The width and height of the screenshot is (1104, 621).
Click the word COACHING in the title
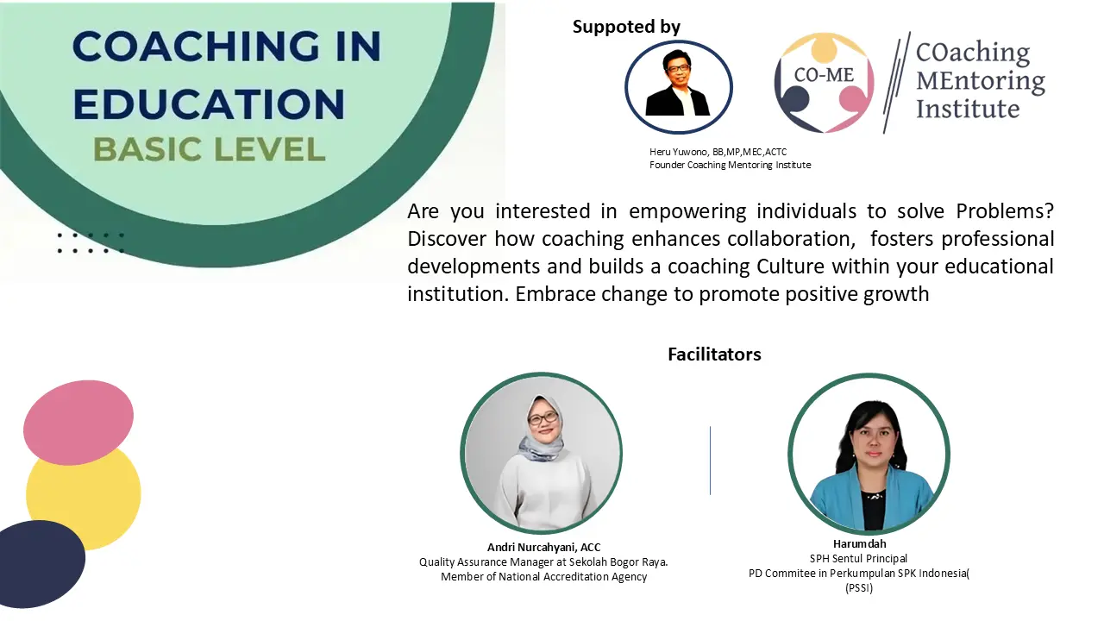click(196, 47)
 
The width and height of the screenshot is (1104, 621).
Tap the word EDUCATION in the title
click(209, 104)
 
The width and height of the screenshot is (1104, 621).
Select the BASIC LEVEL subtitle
click(210, 149)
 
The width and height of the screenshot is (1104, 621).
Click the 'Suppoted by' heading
click(626, 27)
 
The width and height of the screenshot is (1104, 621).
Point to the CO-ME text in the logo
click(824, 75)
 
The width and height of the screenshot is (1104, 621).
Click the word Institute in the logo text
click(968, 109)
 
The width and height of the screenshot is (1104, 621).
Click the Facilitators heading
click(714, 354)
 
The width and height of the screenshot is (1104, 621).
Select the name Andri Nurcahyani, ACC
click(543, 547)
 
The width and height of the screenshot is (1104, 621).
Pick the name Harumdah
click(860, 543)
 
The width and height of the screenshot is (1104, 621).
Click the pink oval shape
click(78, 423)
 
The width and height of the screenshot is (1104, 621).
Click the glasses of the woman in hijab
click(543, 418)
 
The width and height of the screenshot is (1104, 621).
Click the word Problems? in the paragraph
click(1005, 211)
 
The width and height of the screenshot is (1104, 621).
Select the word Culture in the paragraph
click(790, 267)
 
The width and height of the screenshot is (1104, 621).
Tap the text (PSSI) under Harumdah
click(859, 588)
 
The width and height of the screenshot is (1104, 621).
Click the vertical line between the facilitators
click(710, 461)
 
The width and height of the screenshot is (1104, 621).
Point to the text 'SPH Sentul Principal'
click(858, 558)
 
